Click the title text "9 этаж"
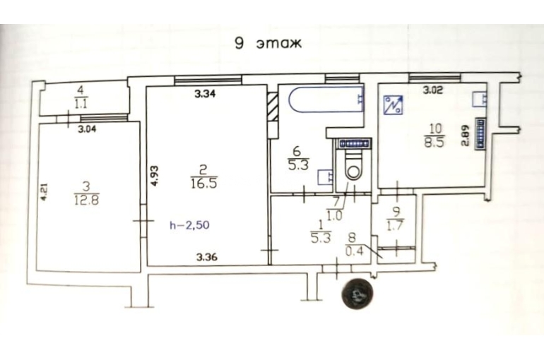(268, 44)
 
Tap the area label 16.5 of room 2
(204, 184)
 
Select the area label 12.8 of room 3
(86, 200)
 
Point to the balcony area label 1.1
(81, 104)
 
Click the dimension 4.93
(155, 176)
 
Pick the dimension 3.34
(205, 94)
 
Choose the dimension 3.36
(207, 257)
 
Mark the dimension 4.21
(44, 192)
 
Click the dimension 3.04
(87, 130)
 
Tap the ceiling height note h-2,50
(189, 225)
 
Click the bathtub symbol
(326, 100)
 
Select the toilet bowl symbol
(353, 165)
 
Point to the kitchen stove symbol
(393, 105)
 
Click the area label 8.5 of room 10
(434, 143)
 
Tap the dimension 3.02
(433, 91)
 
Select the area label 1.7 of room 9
(396, 226)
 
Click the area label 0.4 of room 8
(355, 251)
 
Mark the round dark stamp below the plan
(357, 294)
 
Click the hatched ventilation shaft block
(273, 107)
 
